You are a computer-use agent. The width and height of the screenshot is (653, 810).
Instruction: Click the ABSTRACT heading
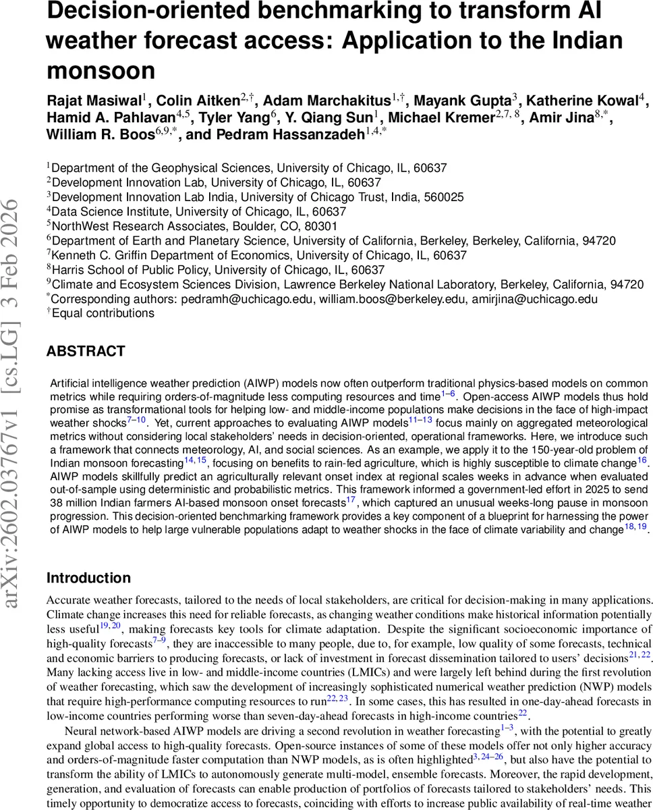[x=86, y=351]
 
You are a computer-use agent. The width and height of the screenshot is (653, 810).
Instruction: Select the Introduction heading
[x=88, y=578]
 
